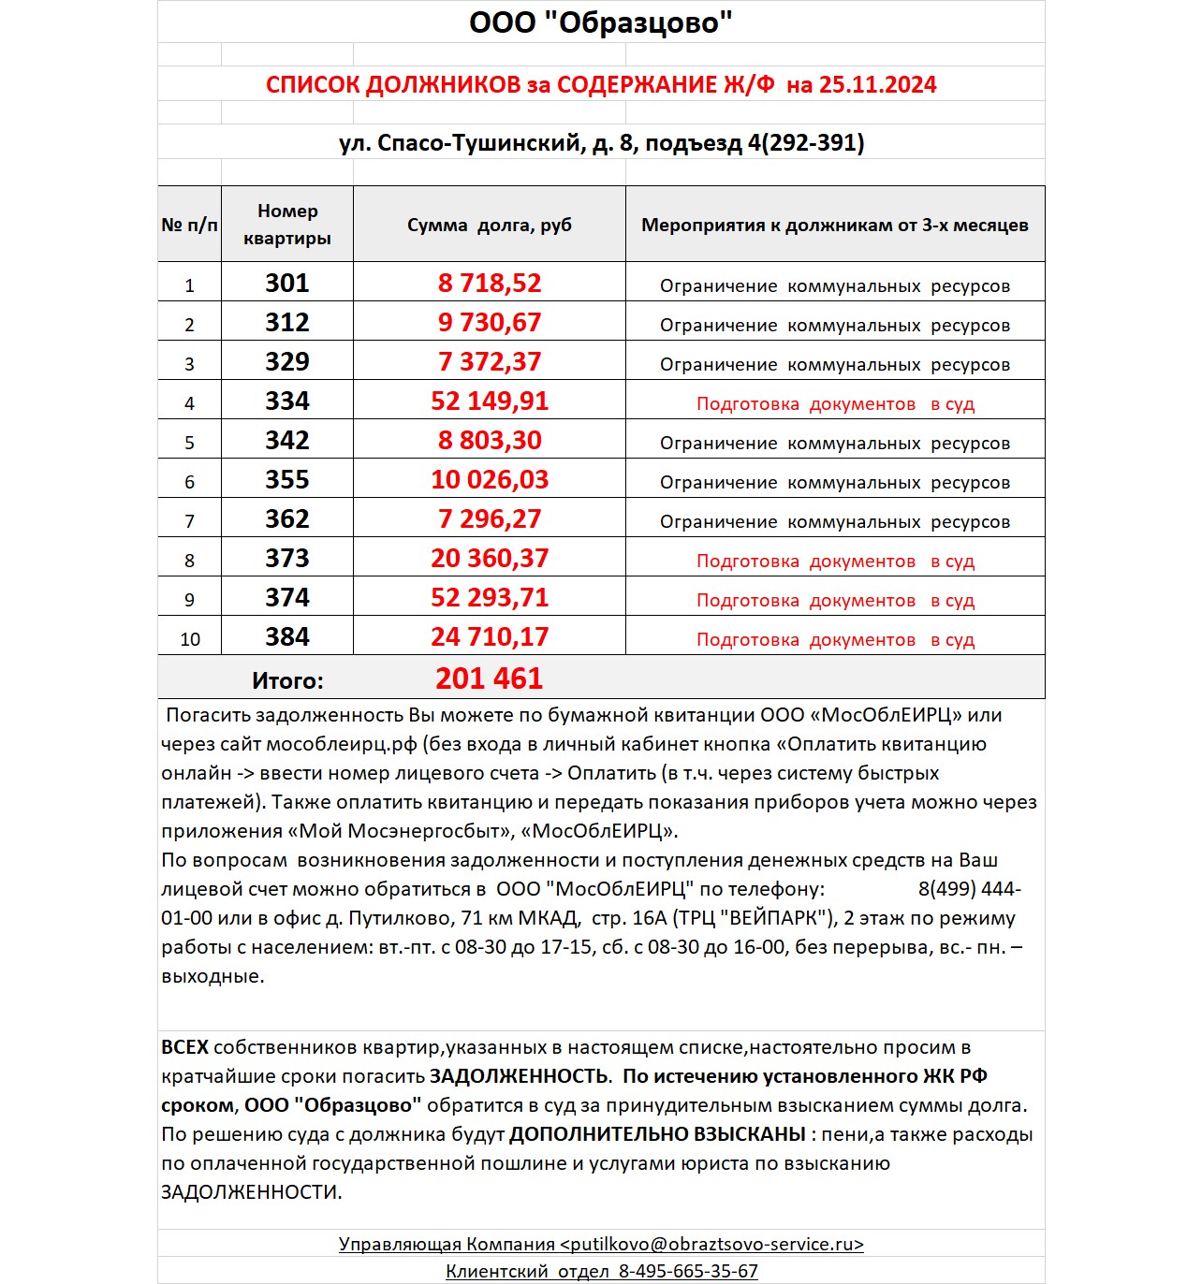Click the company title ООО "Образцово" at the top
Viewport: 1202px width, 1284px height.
coord(600,22)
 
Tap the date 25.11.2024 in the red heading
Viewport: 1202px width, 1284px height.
coord(877,85)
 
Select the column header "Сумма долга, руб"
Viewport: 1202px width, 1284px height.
coord(489,226)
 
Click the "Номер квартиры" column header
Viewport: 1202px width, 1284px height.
coord(287,225)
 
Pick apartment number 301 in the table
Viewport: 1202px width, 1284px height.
coord(287,284)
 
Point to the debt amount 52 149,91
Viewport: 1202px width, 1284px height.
coord(490,401)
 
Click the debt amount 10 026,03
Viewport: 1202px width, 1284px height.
coord(490,480)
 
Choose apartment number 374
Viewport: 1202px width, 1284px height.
coord(287,598)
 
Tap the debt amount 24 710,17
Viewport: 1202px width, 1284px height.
coord(490,637)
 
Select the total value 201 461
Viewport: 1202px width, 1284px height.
coord(489,678)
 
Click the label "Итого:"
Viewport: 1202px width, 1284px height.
coord(287,681)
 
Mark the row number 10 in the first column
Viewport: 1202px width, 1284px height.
coord(190,639)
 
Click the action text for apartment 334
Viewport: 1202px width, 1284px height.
coord(835,404)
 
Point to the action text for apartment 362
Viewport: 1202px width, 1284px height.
coord(835,522)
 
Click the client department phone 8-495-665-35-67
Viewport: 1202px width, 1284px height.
coord(688,1271)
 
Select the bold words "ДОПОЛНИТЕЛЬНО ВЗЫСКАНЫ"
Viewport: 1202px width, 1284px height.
coord(657,1134)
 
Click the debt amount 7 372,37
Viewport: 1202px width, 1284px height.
coord(490,362)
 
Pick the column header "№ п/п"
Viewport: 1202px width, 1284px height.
coord(189,226)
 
